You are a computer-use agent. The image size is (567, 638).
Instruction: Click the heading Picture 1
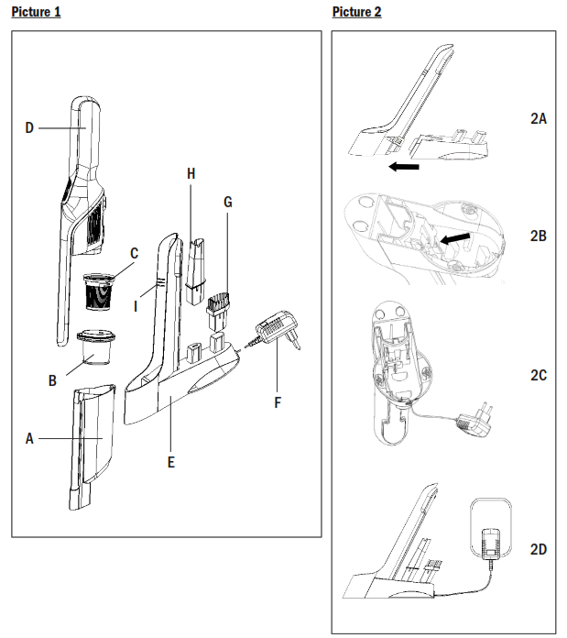[36, 11]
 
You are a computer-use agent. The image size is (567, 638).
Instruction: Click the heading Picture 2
[356, 11]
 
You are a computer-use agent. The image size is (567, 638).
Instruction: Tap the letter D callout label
[29, 128]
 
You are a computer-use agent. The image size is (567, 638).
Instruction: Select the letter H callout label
[191, 173]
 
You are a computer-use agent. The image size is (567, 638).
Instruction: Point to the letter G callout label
[227, 201]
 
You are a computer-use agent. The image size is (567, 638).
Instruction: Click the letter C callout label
[134, 254]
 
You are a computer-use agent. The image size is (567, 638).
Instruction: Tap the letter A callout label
[29, 439]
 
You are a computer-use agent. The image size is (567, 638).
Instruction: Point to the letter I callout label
[136, 307]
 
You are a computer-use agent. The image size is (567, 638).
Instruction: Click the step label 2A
[539, 119]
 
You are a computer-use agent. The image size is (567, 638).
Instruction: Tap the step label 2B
[539, 236]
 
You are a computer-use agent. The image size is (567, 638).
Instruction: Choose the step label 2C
[539, 375]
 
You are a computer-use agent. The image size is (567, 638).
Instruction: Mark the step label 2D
[539, 549]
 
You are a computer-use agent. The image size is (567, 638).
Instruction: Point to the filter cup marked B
[94, 346]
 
